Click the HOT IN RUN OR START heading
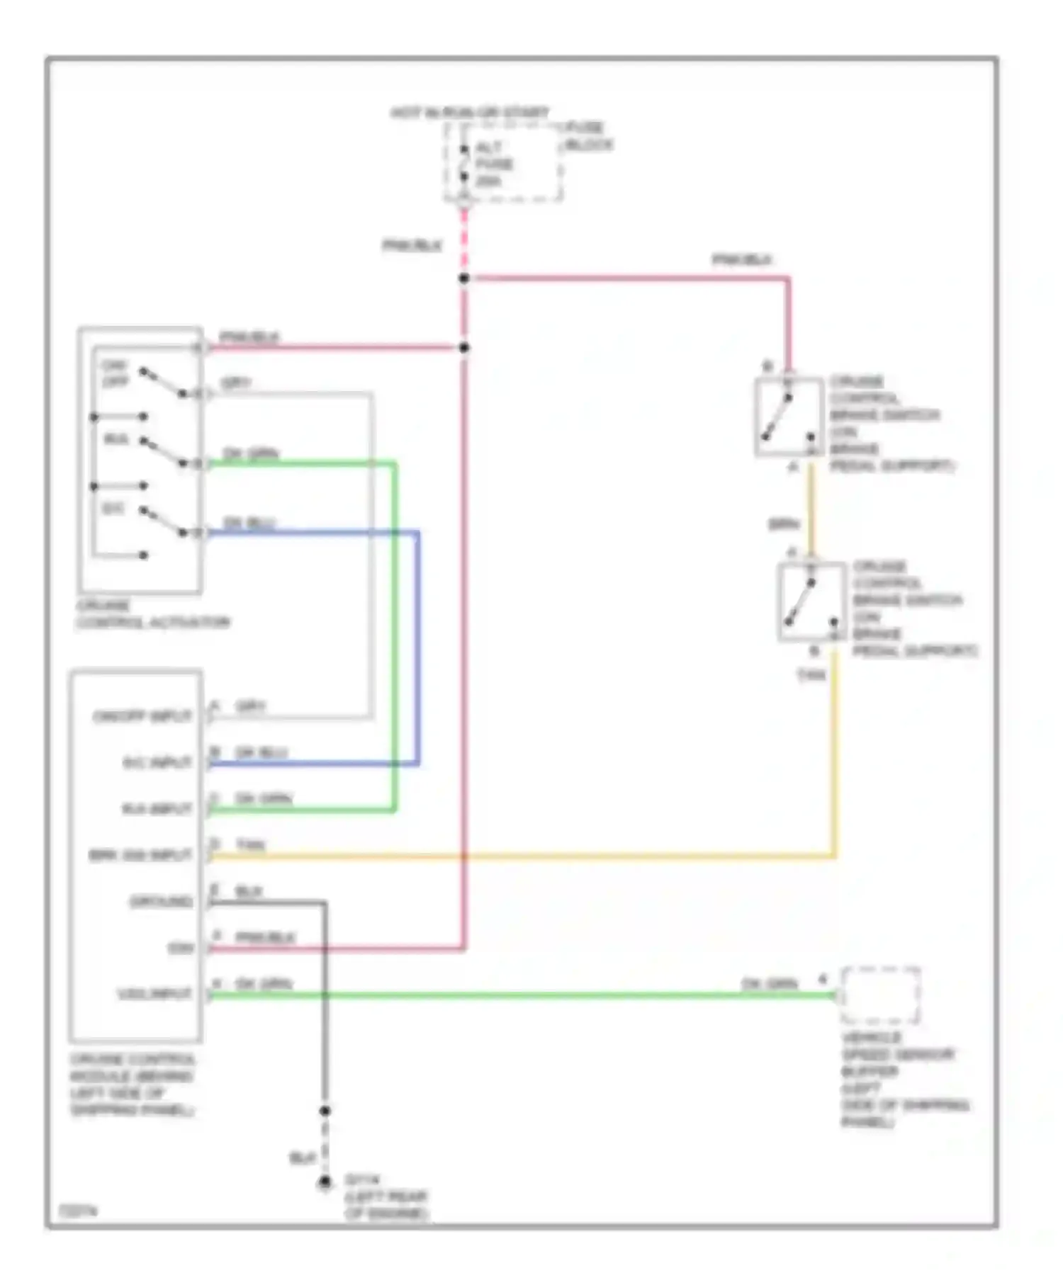[x=470, y=113]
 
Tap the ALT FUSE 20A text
[x=494, y=164]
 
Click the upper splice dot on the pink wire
[x=464, y=278]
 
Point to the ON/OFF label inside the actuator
[x=115, y=373]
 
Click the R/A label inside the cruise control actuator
[x=116, y=440]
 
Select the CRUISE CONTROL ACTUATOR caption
[x=152, y=614]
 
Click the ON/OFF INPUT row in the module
[x=142, y=716]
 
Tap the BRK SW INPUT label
[x=140, y=855]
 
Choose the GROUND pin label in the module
[x=161, y=901]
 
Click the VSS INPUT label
[x=154, y=994]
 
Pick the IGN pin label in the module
[x=181, y=948]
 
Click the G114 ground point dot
[x=325, y=1182]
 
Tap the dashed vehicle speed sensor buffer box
[x=880, y=995]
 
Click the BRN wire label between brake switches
[x=784, y=525]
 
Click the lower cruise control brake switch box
[x=811, y=602]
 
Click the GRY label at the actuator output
[x=236, y=383]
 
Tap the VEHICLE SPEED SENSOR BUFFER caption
[x=904, y=1080]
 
